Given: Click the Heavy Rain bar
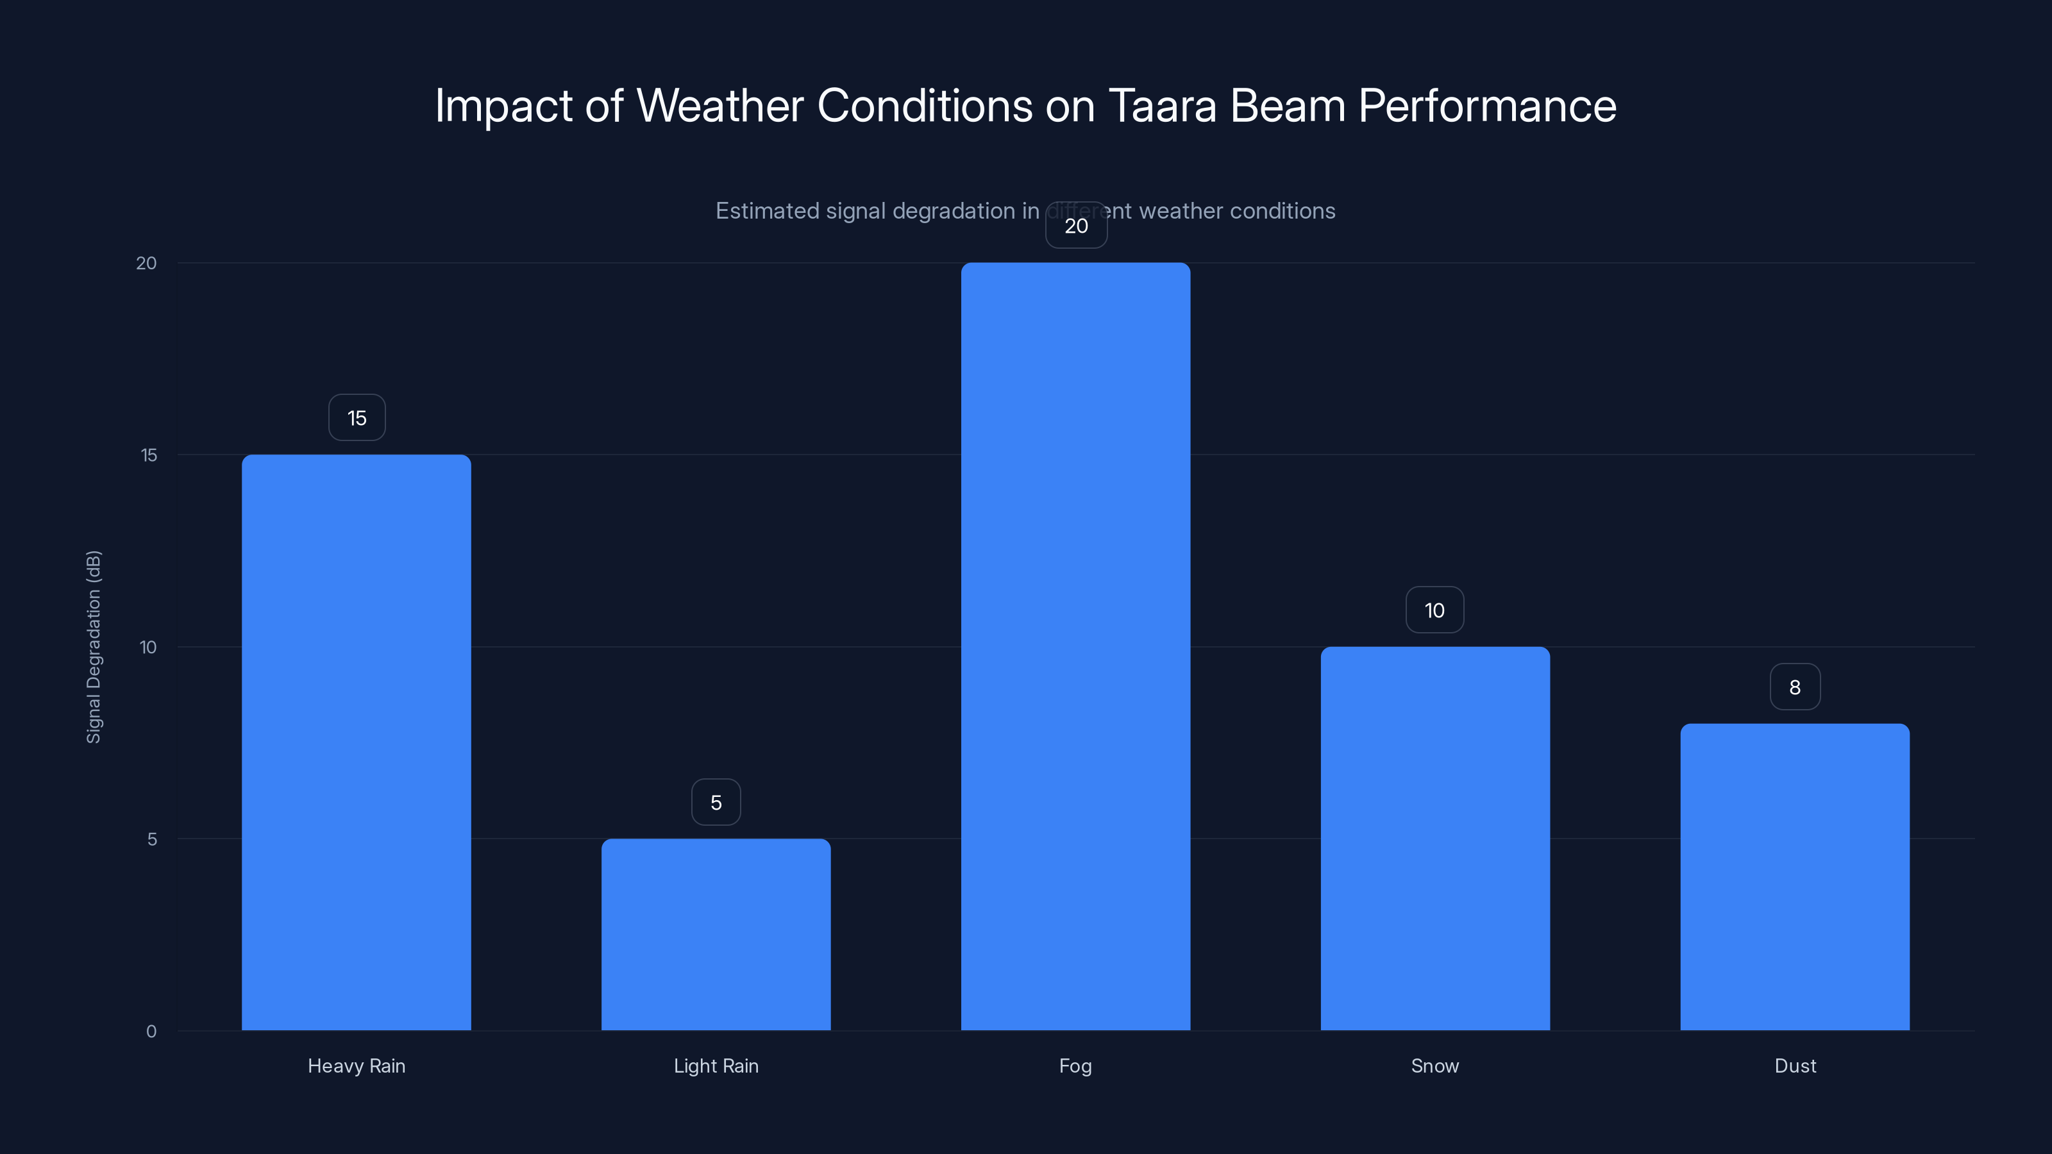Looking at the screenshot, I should (x=356, y=742).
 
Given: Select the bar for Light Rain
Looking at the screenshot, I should (x=716, y=933).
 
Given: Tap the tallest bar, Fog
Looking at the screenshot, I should (x=1075, y=646).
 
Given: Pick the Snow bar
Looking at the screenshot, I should (x=1434, y=838).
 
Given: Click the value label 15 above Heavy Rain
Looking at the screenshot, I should (x=357, y=418).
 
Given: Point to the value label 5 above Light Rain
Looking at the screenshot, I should (x=716, y=802).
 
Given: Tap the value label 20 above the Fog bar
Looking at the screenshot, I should (x=1076, y=226).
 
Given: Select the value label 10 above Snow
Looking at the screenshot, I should (x=1434, y=610).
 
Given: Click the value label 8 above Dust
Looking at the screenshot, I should (x=1795, y=687).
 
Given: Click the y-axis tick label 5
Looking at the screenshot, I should (x=152, y=839).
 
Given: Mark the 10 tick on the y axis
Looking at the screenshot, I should (x=148, y=647).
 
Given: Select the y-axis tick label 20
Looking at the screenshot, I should (x=147, y=263).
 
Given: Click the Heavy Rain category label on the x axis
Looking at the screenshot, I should (x=356, y=1066).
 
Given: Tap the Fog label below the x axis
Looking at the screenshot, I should (x=1075, y=1066).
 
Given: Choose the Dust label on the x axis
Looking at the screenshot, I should (x=1795, y=1066).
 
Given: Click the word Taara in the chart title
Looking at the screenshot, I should (x=1162, y=105).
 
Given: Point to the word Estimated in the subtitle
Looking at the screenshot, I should (x=767, y=211).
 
